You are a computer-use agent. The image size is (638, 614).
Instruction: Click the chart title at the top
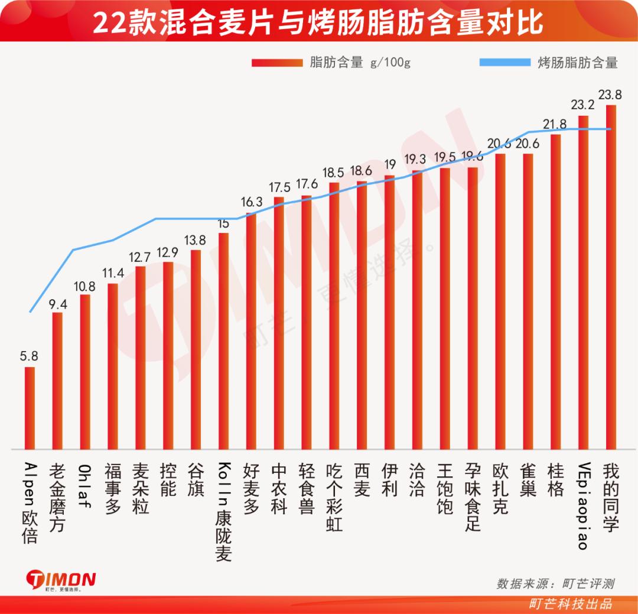pos(319,22)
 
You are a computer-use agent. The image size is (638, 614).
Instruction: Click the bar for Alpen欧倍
pos(30,408)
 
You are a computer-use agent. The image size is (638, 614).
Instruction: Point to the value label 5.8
pos(29,356)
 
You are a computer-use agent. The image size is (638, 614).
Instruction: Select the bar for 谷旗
pos(196,349)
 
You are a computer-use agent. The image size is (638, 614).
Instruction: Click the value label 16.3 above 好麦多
pos(251,202)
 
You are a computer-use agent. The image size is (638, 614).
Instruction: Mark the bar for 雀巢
pos(528,301)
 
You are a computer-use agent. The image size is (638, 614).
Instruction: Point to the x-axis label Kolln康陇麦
pos(223,512)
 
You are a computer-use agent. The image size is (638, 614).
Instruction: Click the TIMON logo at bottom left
pos(61,580)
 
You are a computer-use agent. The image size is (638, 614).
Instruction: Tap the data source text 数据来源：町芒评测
pos(555,583)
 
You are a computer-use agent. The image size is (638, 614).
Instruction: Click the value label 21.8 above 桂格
pos(555,124)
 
